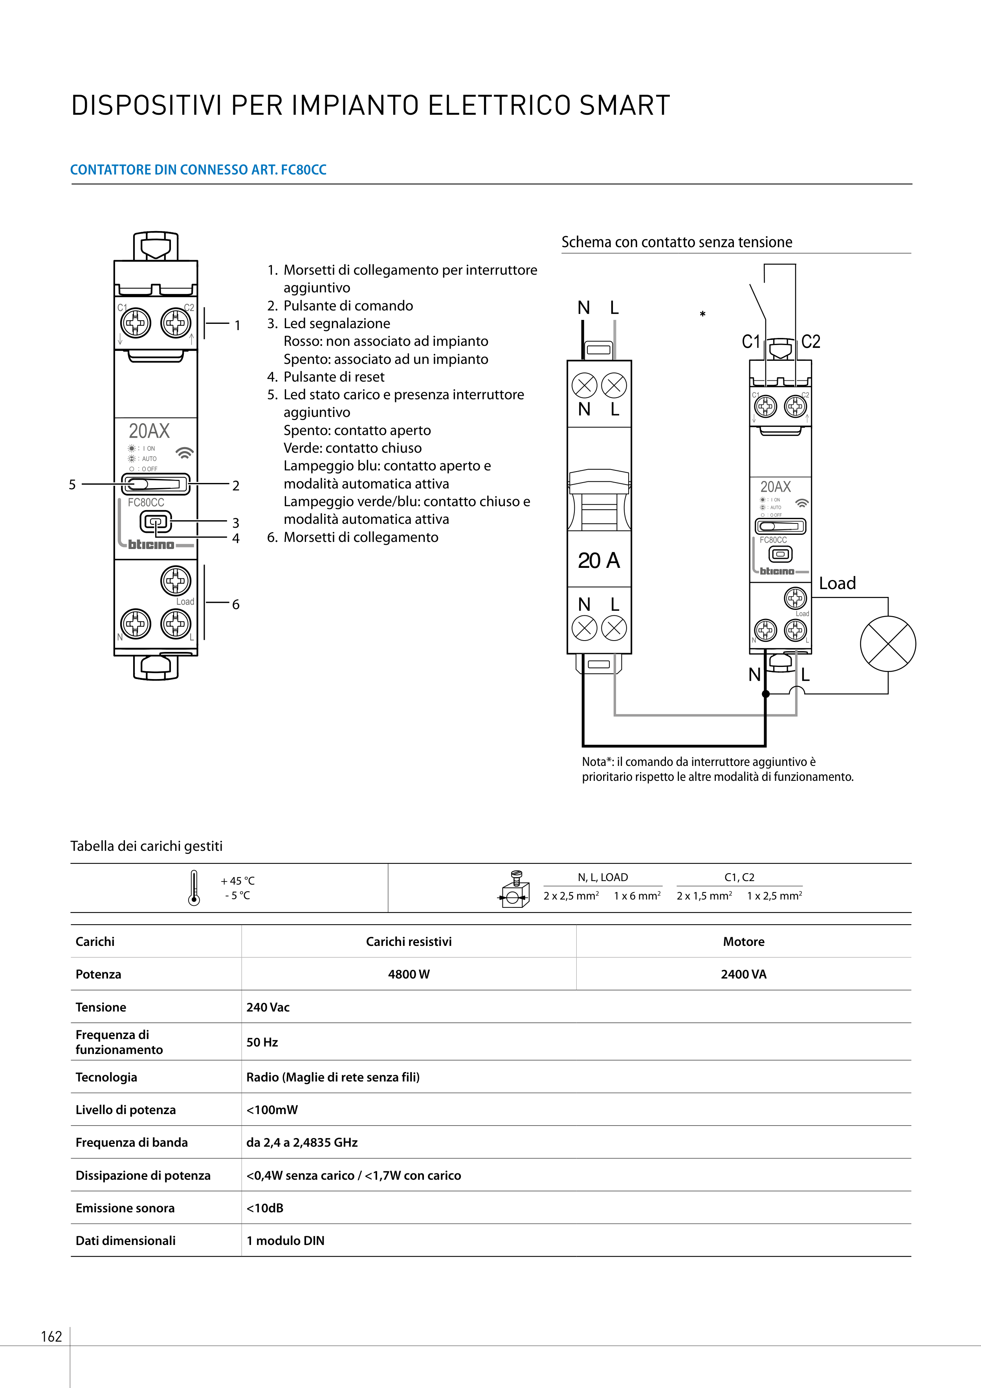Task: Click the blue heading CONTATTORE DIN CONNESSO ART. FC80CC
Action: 198,170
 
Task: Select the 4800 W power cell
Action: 409,974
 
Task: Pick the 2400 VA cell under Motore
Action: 743,974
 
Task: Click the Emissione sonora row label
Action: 125,1208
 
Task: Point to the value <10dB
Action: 265,1208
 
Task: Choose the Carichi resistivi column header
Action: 409,941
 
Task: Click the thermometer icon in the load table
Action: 193,887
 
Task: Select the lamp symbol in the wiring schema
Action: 888,643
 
